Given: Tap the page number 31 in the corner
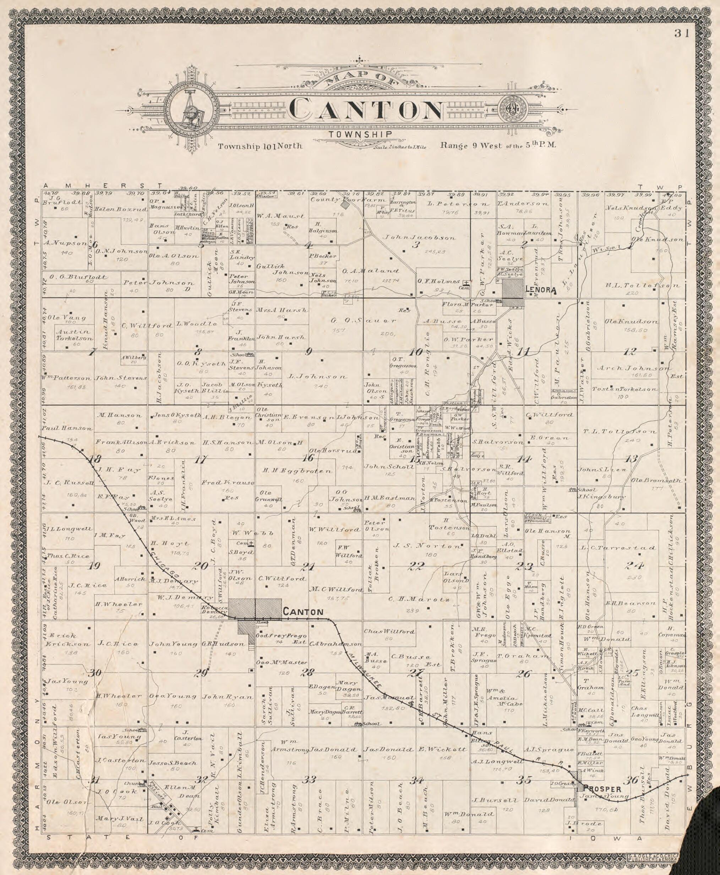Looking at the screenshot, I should [x=681, y=34].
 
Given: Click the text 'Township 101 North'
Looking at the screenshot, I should [x=261, y=146].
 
